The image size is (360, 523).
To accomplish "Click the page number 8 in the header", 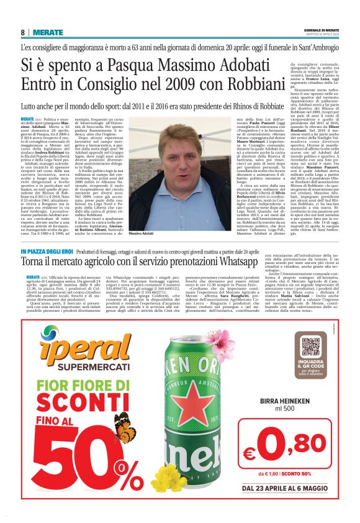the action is tap(22, 32).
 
